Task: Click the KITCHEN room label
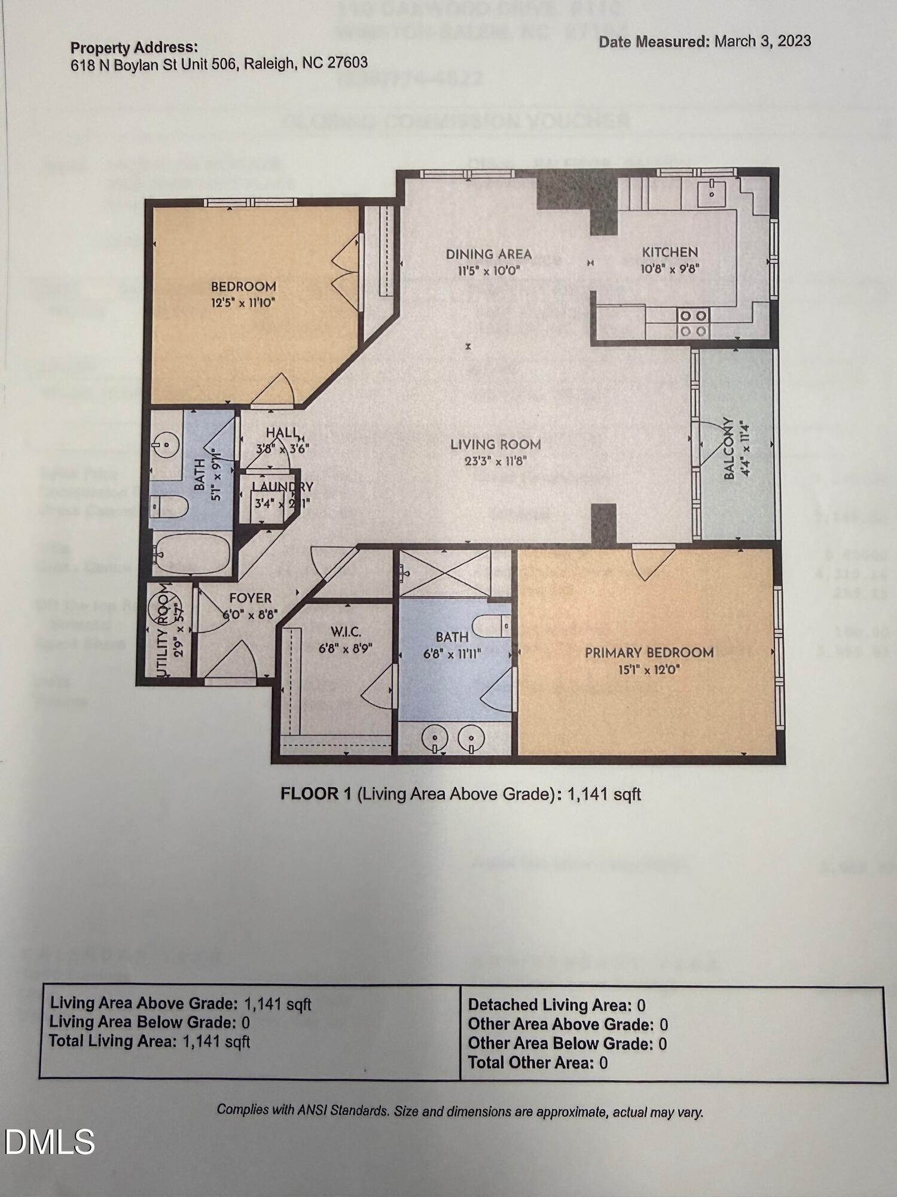(670, 252)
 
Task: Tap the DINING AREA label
(489, 254)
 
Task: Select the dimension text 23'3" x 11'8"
(495, 461)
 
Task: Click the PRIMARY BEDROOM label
(649, 652)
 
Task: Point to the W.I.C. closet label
(346, 631)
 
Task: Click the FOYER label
(251, 598)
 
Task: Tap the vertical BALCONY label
(729, 448)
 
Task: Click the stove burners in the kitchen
(693, 323)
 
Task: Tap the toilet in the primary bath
(492, 626)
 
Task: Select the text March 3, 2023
(762, 41)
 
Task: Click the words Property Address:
(134, 47)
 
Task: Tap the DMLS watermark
(50, 1142)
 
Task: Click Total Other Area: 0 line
(537, 1062)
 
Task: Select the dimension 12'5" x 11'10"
(243, 302)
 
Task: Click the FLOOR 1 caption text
(460, 794)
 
